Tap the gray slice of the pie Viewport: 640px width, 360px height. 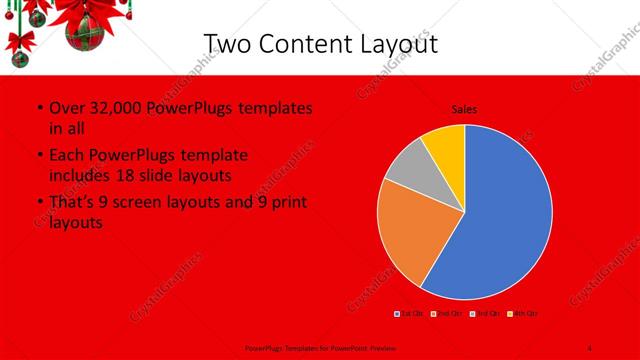pos(406,180)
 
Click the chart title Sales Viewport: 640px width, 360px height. pos(464,109)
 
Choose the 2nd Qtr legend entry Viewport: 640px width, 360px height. pos(449,314)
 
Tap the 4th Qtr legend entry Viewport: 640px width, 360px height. pos(525,314)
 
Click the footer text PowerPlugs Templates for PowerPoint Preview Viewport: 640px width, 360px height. pos(319,347)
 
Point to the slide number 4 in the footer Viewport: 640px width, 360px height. pos(590,347)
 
